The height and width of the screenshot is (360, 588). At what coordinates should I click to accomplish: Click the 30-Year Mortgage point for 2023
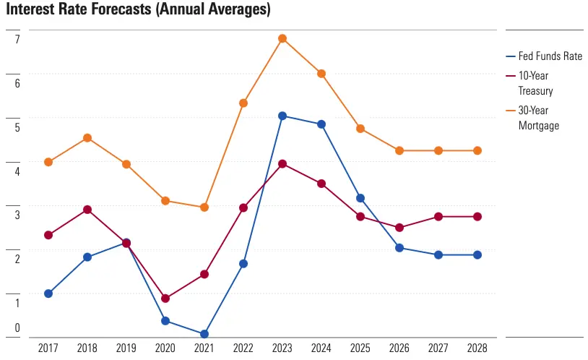[282, 38]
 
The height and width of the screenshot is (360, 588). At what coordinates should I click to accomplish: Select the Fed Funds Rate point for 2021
[204, 334]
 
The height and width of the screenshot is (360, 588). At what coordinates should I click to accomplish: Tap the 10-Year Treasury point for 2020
[165, 298]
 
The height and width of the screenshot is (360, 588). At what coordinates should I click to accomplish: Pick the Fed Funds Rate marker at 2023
[282, 116]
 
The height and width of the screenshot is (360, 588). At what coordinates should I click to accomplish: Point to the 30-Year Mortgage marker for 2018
[87, 137]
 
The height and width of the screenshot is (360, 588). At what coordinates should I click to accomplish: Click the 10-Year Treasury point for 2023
[282, 163]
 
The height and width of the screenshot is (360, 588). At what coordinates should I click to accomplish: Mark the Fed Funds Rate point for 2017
[48, 293]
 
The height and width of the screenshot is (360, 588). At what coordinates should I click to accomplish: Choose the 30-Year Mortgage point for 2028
[477, 150]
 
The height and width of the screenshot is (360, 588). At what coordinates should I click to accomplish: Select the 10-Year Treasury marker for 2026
[399, 228]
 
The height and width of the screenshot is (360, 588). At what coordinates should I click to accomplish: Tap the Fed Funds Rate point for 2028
[477, 254]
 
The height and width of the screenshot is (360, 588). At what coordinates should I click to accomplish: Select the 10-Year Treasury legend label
[535, 84]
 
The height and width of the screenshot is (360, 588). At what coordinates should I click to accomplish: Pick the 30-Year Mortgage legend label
[538, 118]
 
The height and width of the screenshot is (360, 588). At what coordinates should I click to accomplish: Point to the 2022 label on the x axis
[243, 348]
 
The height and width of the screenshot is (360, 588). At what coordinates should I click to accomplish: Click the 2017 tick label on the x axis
[48, 348]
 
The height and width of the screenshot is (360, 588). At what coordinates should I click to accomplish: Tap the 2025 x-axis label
[360, 348]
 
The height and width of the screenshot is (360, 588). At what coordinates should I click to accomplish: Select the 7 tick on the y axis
[17, 39]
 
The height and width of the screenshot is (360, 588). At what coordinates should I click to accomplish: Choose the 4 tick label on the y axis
[17, 171]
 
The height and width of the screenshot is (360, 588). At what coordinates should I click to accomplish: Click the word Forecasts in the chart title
[111, 10]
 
